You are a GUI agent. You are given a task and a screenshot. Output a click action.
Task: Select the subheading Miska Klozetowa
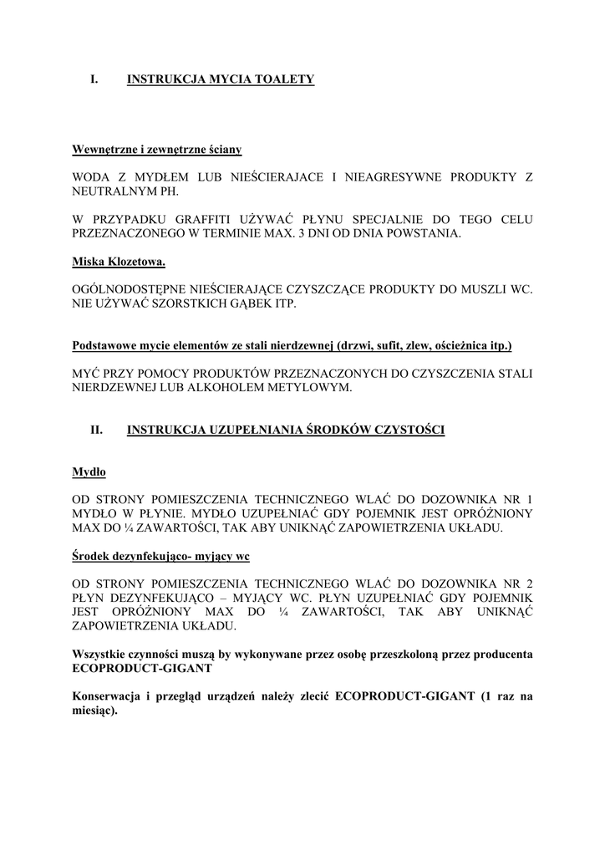pos(119,262)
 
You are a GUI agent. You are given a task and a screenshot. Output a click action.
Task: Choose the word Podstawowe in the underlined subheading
pos(106,345)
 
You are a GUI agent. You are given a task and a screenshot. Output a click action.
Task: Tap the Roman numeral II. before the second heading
pos(96,431)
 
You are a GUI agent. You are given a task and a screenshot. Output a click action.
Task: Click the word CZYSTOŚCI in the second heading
pos(406,431)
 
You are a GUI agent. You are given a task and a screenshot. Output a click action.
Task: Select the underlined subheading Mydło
pos(89,472)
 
